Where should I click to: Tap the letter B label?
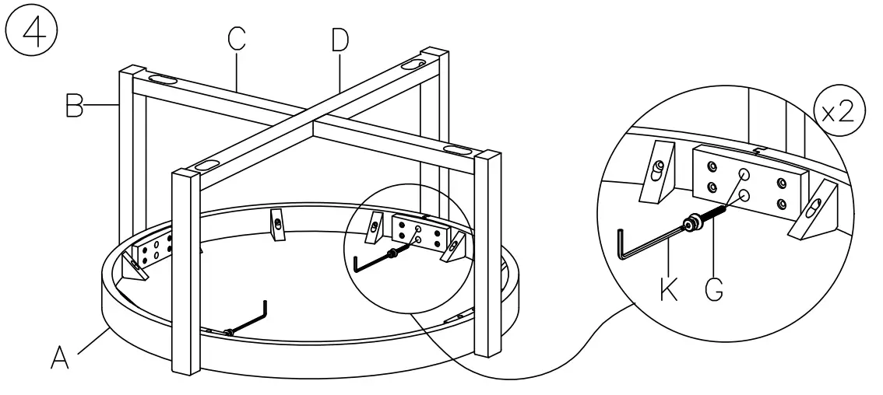[74, 105]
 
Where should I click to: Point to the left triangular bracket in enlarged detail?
[656, 173]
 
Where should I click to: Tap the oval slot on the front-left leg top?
[206, 165]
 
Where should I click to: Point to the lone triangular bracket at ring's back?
[278, 223]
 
